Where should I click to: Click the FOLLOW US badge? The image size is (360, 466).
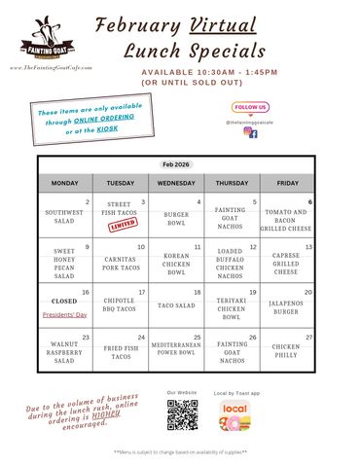coord(250,107)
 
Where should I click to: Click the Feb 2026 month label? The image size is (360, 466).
coord(176,165)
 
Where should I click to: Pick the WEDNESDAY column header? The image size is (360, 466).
coord(176,184)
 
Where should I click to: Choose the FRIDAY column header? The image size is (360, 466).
coord(286,184)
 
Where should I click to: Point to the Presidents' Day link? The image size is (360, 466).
coord(64,314)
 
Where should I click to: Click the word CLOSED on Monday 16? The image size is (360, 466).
coord(64,302)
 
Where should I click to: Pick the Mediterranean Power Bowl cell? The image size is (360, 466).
coord(176,353)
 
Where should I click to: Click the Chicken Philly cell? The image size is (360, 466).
coord(286,351)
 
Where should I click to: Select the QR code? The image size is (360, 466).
coord(183,414)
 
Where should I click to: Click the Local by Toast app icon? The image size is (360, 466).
coord(234,414)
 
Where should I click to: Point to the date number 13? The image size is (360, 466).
coord(308,246)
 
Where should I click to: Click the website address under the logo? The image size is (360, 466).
coord(51,68)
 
